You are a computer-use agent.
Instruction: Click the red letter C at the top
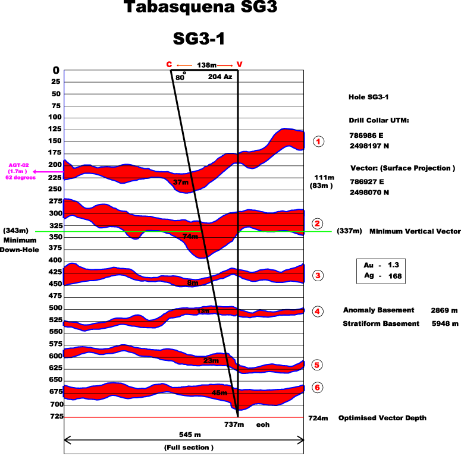tap(169, 64)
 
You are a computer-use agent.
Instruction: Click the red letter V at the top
tap(239, 64)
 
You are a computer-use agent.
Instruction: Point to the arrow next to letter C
tap(184, 65)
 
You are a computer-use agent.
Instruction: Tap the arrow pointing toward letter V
tap(225, 65)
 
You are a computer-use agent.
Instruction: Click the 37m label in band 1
tap(180, 182)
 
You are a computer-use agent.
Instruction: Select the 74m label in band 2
tap(190, 237)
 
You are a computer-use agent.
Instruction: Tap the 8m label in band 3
tap(192, 283)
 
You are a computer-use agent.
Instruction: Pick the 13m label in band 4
tap(203, 311)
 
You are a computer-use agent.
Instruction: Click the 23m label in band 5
tap(211, 360)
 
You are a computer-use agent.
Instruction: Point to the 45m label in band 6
tap(219, 392)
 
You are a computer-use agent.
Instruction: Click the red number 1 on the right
tap(318, 141)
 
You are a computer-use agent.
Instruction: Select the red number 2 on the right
tap(317, 224)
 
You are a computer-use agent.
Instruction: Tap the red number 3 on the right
tap(318, 275)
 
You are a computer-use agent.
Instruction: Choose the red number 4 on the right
tap(317, 312)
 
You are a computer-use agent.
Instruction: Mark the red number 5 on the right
tap(317, 365)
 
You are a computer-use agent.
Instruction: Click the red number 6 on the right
tap(317, 388)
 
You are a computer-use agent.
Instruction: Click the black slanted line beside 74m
tap(204, 239)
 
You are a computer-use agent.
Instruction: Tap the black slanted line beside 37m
tap(192, 181)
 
